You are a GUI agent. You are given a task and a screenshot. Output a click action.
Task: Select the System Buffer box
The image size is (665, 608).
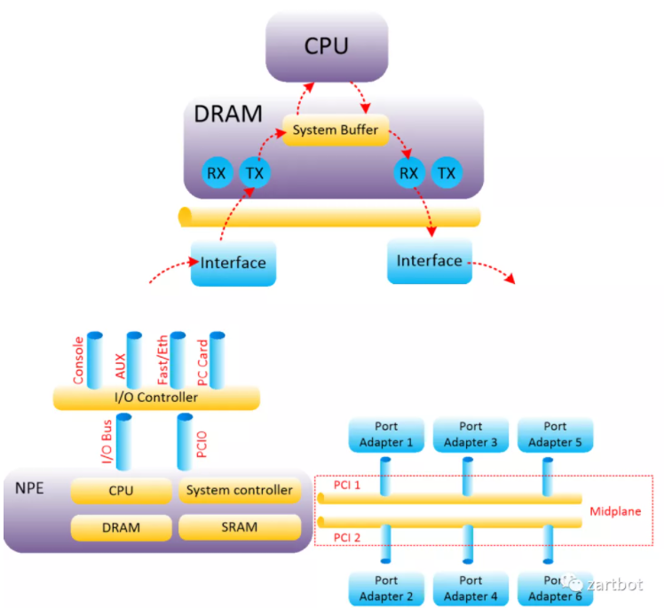[x=335, y=130]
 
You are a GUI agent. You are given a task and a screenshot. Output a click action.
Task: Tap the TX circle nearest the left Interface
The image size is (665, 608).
[x=254, y=173]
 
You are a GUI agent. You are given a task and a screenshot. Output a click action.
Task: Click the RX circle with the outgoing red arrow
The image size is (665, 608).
[x=408, y=173]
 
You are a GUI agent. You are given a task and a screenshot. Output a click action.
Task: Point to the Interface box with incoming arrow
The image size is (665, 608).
[x=233, y=263]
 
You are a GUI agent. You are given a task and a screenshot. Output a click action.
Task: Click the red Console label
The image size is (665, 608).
[x=79, y=361]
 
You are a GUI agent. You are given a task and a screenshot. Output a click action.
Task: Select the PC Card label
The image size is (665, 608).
[x=202, y=361]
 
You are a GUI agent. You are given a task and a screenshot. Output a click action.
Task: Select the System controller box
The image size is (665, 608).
[x=239, y=490]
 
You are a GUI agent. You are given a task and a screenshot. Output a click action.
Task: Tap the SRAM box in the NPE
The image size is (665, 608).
[x=239, y=527]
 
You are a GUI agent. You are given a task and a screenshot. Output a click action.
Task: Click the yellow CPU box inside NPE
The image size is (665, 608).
[x=121, y=490]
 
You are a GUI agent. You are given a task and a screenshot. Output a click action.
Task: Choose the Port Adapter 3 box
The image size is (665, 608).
[x=465, y=434]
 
